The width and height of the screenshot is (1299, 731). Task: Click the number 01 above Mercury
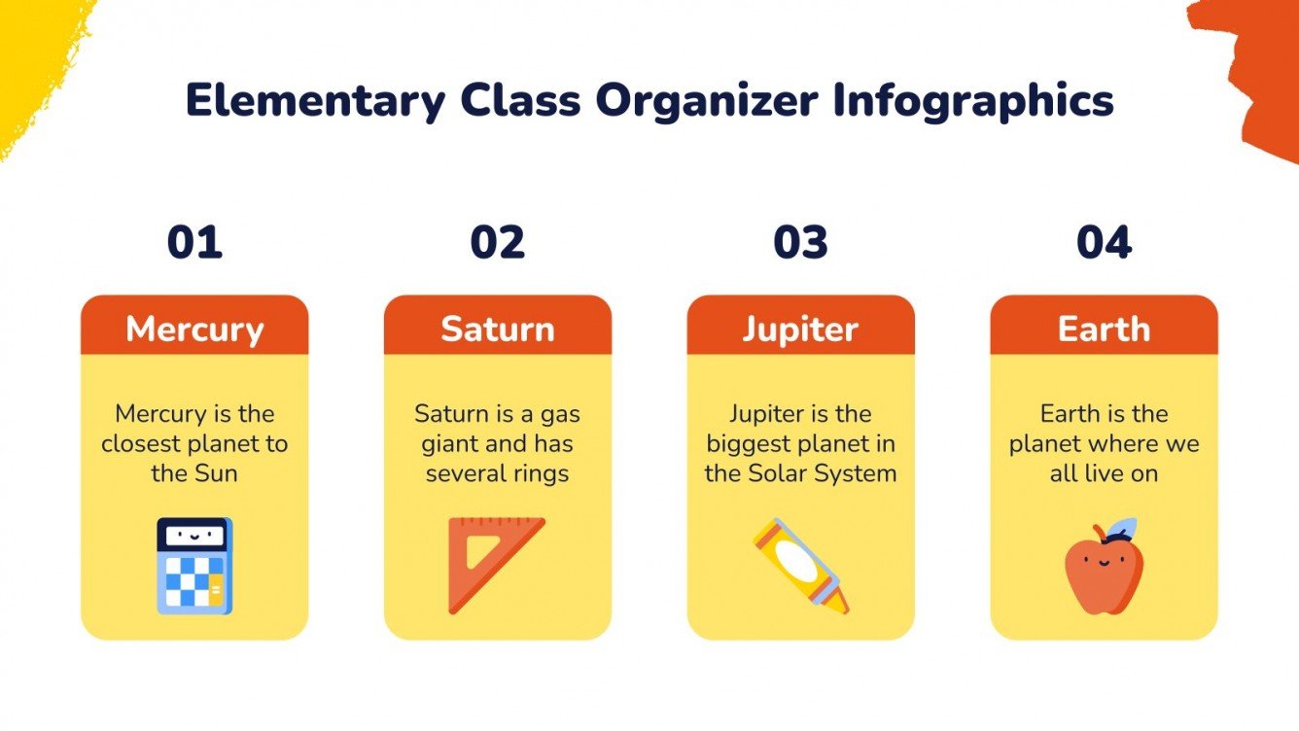(x=194, y=242)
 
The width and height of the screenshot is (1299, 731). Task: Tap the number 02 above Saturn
(x=498, y=242)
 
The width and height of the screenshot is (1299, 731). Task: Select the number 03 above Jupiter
(x=801, y=242)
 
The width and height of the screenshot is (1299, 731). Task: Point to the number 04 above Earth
(x=1105, y=242)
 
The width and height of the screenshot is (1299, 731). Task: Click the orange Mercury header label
(x=194, y=329)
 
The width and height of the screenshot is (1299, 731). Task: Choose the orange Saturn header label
(x=498, y=329)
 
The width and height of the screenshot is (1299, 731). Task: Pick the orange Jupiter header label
(x=801, y=329)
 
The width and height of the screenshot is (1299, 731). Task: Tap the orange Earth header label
(x=1105, y=329)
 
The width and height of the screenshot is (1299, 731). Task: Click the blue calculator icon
(x=194, y=566)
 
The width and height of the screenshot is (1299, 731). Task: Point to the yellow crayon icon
(x=801, y=565)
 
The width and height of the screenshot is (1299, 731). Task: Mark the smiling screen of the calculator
(x=193, y=535)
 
